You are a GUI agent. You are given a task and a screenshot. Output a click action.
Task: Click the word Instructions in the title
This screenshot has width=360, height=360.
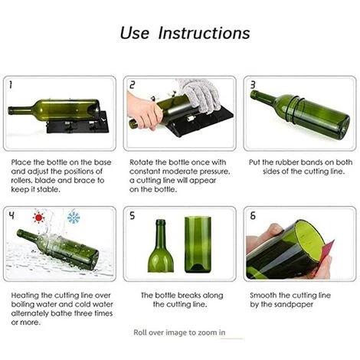pyautogui.click(x=204, y=33)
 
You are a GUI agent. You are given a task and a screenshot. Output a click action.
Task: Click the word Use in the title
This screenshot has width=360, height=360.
pyautogui.click(x=134, y=33)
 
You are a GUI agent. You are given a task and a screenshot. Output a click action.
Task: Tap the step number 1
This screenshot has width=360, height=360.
pyautogui.click(x=11, y=85)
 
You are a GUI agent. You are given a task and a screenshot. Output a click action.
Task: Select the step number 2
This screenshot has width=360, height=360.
pyautogui.click(x=132, y=85)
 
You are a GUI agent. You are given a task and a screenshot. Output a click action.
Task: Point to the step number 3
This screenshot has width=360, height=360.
pyautogui.click(x=253, y=85)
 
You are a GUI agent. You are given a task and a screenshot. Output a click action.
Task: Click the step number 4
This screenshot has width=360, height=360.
pyautogui.click(x=11, y=216)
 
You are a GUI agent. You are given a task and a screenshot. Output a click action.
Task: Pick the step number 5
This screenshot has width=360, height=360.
pyautogui.click(x=132, y=216)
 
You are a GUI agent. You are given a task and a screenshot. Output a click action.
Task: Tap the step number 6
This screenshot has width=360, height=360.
pyautogui.click(x=253, y=216)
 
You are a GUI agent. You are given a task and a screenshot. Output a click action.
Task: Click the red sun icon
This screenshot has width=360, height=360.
pyautogui.click(x=38, y=218)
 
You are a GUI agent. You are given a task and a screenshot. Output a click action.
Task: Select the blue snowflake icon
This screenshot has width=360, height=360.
pyautogui.click(x=74, y=218)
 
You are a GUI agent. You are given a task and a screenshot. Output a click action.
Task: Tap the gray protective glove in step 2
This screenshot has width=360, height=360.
pyautogui.click(x=201, y=95)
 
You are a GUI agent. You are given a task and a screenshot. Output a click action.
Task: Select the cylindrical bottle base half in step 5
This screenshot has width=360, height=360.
pyautogui.click(x=198, y=244)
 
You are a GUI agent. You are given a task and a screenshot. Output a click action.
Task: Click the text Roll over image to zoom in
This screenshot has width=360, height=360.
pyautogui.click(x=179, y=332)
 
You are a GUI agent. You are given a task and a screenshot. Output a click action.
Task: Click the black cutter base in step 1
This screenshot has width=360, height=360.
pyautogui.click(x=78, y=125)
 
